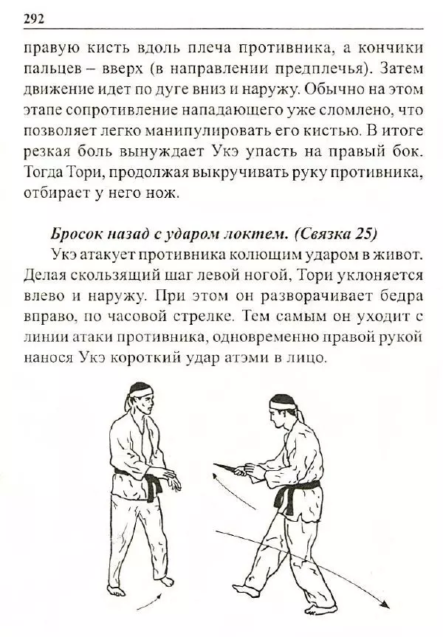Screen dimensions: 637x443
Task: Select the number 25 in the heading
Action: click(362, 234)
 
